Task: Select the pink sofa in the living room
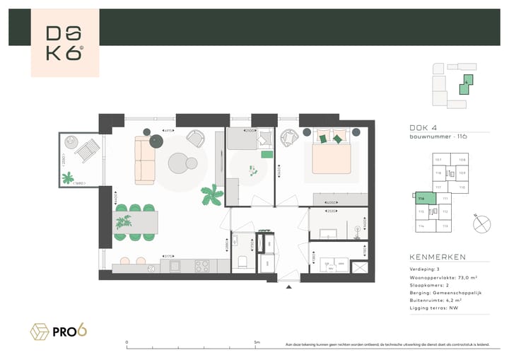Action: coord(145,162)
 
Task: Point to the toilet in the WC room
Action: coord(242,262)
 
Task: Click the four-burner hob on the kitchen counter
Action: coord(201,266)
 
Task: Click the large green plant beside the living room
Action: coord(211,195)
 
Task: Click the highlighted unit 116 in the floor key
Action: coord(422,202)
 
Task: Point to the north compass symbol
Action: coord(483,223)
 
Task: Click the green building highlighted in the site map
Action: coord(465,86)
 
